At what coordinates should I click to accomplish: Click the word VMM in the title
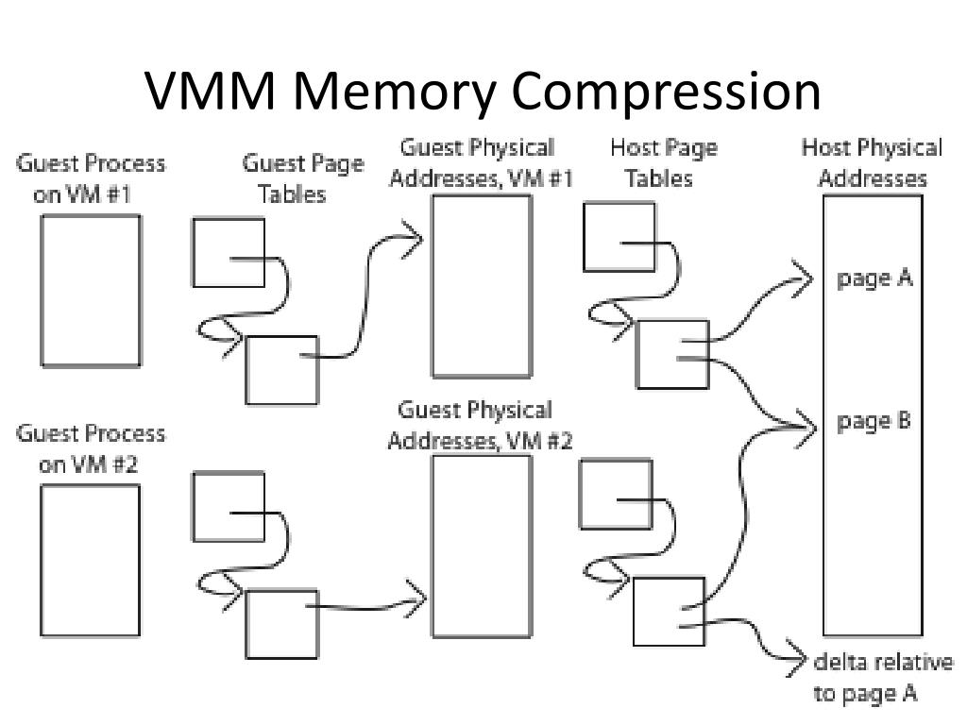coord(215,92)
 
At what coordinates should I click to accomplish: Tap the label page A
coord(874,278)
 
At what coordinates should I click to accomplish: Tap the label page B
coord(874,421)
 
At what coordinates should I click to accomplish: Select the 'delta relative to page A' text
coord(882,677)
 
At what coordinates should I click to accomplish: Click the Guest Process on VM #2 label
coord(91,448)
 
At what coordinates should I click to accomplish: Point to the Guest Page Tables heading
coord(302,178)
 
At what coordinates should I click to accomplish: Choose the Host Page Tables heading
coord(663,162)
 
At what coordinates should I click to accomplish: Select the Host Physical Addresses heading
coord(872,162)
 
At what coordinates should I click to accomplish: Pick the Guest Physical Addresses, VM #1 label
coord(481,162)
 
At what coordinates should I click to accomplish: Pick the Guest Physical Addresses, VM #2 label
coord(481,426)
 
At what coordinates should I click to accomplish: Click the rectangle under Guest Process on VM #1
coord(91,290)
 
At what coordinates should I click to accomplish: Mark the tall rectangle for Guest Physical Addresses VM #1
coord(481,286)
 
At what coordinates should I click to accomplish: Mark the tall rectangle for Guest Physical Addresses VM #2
coord(481,546)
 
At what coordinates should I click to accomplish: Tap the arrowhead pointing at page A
coord(805,278)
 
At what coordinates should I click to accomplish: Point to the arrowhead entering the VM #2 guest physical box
coord(416,598)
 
